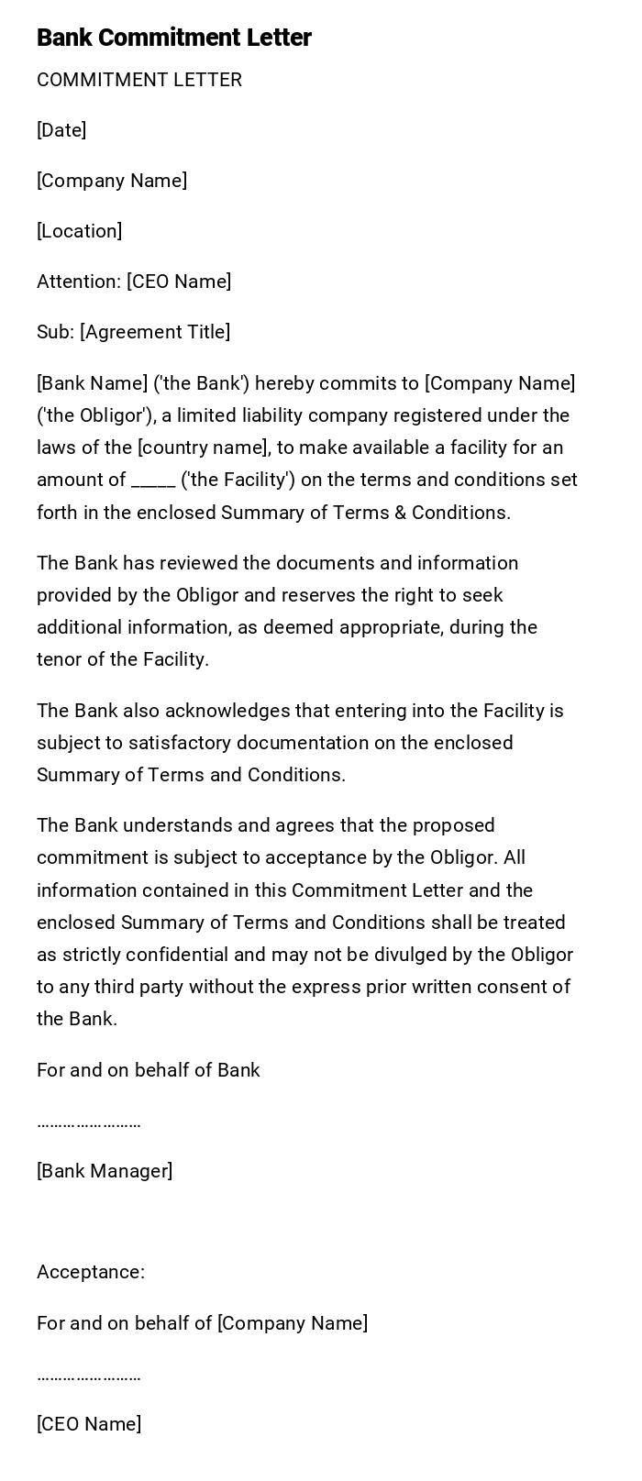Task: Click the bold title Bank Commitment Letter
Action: (174, 38)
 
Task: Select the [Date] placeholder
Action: (61, 130)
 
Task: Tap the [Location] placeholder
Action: (79, 231)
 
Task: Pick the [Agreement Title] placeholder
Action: (155, 332)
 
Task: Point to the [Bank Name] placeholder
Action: (92, 383)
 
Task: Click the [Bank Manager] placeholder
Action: (105, 1171)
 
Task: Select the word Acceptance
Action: (89, 1272)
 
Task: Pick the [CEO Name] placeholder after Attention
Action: (179, 282)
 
